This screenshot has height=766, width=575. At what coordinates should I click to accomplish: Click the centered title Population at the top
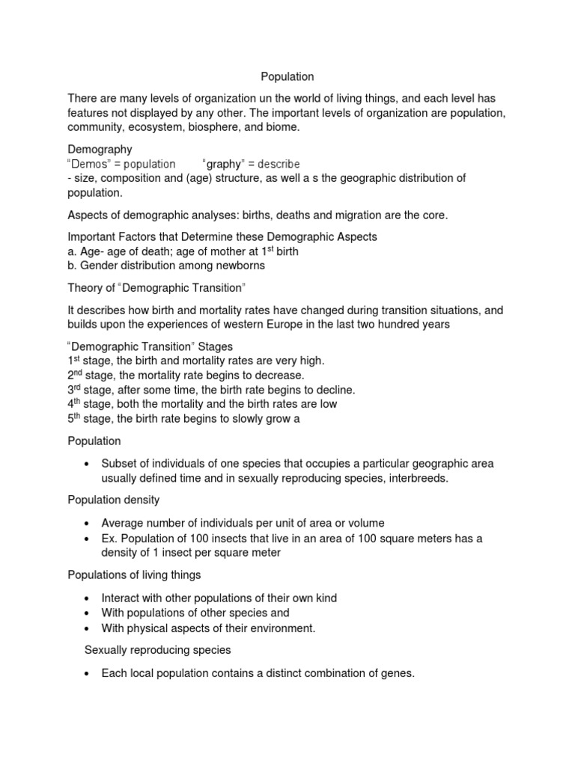coord(287,76)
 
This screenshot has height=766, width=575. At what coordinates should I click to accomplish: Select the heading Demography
coord(100,150)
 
